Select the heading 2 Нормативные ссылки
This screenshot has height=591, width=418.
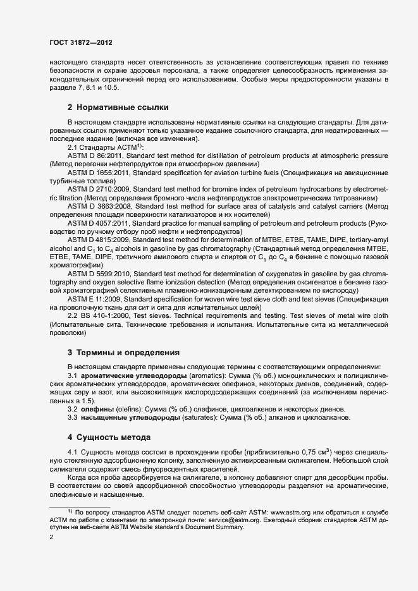118,107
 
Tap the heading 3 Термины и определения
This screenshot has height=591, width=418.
124,352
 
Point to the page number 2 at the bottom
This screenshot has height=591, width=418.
51,537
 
